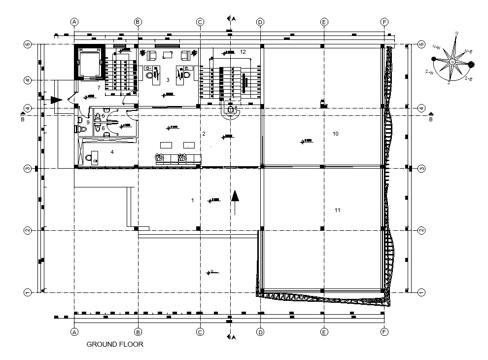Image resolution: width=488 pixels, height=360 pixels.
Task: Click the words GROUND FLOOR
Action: [115, 345]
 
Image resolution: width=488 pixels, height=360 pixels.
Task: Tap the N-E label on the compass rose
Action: [468, 51]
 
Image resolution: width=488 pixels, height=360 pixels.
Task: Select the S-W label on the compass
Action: [429, 72]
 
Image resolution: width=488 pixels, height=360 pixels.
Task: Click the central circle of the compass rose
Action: [453, 62]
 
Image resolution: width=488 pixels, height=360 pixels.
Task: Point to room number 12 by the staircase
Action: [243, 51]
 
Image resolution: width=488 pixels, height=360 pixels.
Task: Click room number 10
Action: [336, 134]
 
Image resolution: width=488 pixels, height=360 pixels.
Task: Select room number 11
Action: [338, 210]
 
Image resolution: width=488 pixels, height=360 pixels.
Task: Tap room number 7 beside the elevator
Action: [99, 88]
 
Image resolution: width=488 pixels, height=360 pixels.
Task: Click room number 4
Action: [112, 152]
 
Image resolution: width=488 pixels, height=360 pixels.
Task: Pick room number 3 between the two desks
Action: [168, 79]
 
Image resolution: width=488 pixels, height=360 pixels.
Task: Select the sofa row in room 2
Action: [178, 159]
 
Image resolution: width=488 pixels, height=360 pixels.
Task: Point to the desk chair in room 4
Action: [89, 158]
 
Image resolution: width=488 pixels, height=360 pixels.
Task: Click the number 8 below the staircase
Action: [236, 108]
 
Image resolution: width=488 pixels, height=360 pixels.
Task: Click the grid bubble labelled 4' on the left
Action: [28, 80]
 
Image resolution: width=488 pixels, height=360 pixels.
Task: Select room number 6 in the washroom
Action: [103, 128]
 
